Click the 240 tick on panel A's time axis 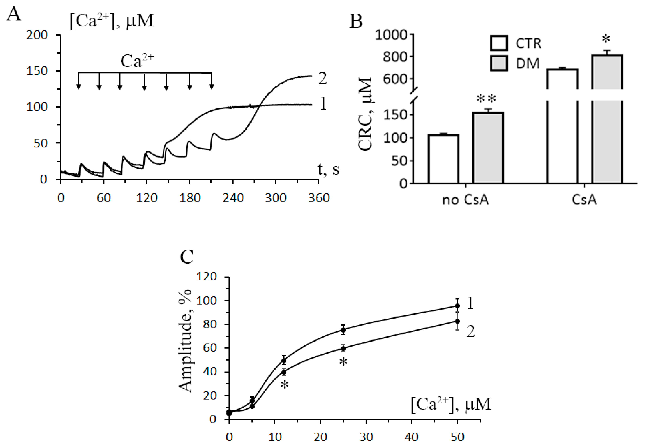tap(233, 198)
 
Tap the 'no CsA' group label tap(465, 200)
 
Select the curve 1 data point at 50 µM tap(458, 306)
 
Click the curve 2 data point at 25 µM tap(343, 349)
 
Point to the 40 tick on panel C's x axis tap(411, 437)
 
